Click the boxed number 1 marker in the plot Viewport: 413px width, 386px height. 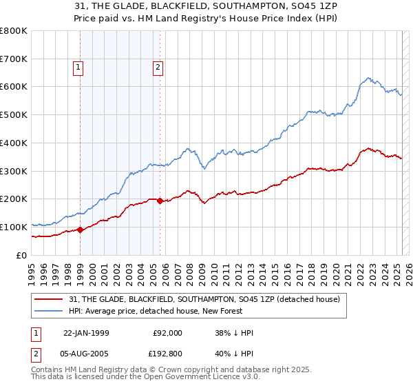pyautogui.click(x=79, y=68)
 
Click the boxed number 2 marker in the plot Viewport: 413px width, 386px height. pyautogui.click(x=158, y=68)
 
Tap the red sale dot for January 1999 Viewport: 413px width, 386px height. pyautogui.click(x=80, y=230)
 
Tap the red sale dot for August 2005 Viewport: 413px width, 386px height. pyautogui.click(x=160, y=201)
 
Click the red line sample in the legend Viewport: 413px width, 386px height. pyautogui.click(x=50, y=299)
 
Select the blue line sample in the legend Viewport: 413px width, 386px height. pyautogui.click(x=50, y=311)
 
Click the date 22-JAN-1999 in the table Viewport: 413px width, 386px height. pyautogui.click(x=86, y=332)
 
